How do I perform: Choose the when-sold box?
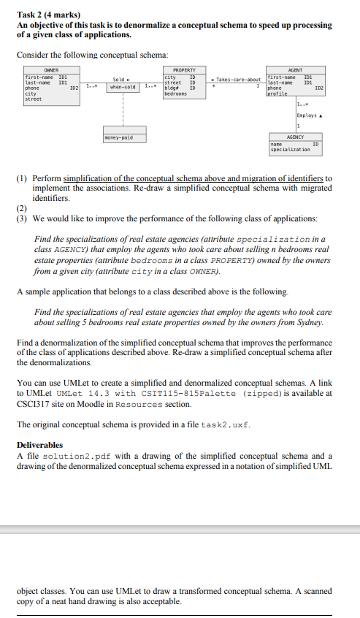click(x=122, y=87)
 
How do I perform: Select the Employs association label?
click(x=309, y=115)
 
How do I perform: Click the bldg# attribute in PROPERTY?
click(x=172, y=88)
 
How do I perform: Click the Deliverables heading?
click(x=39, y=444)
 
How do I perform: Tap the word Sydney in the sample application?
click(x=305, y=322)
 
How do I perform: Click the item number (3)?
click(x=23, y=218)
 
